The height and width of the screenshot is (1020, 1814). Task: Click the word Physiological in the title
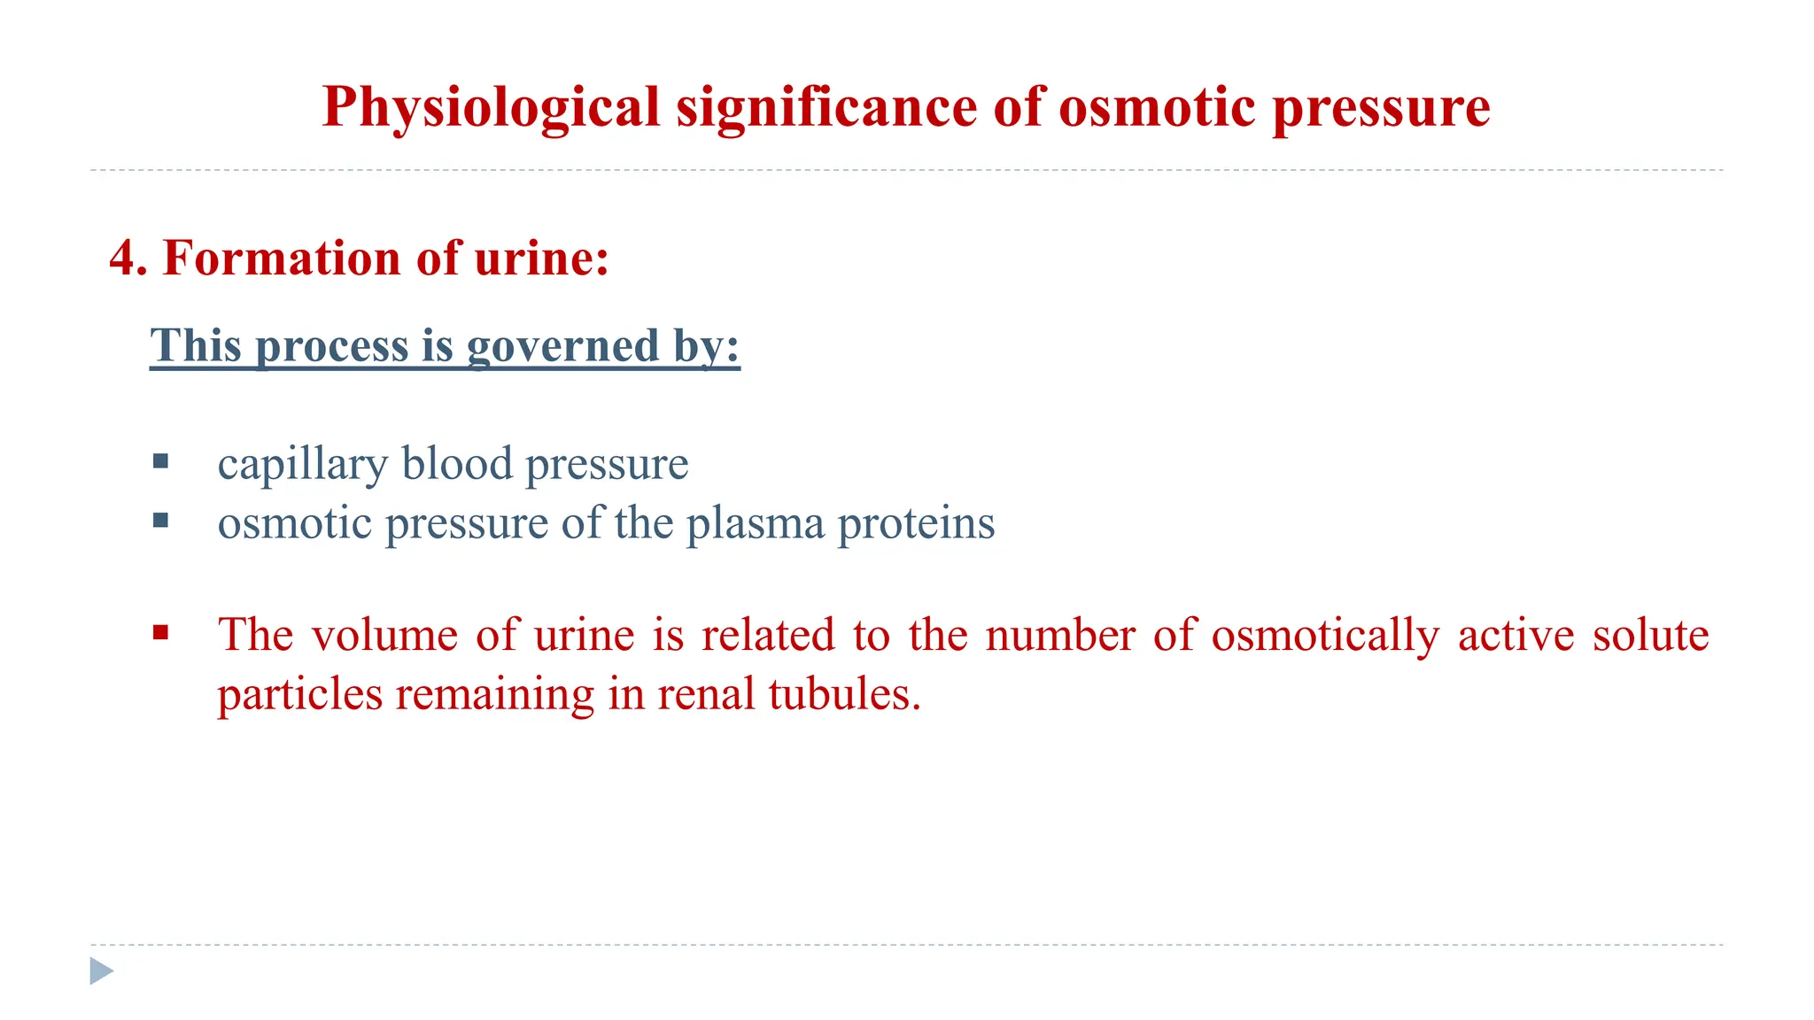[491, 108]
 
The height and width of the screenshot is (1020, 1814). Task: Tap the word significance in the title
[826, 108]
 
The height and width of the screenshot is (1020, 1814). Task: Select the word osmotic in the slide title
[1158, 108]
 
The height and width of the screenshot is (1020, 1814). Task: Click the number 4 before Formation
[124, 259]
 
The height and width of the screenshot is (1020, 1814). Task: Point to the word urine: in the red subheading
[541, 259]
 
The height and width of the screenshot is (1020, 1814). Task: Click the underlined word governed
[562, 345]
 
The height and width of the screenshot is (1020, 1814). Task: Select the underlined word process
[332, 345]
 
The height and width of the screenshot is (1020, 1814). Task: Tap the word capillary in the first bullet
[302, 464]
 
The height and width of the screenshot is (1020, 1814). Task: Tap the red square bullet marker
[160, 632]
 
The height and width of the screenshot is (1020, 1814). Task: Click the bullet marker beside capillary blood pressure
[160, 460]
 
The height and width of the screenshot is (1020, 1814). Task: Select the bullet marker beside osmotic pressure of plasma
[160, 520]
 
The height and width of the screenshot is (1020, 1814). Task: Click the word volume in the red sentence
[384, 635]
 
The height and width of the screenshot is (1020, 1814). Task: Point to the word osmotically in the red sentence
[1325, 635]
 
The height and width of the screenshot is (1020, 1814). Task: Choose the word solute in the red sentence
[1650, 635]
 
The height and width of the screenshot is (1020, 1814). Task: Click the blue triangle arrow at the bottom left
[102, 971]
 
